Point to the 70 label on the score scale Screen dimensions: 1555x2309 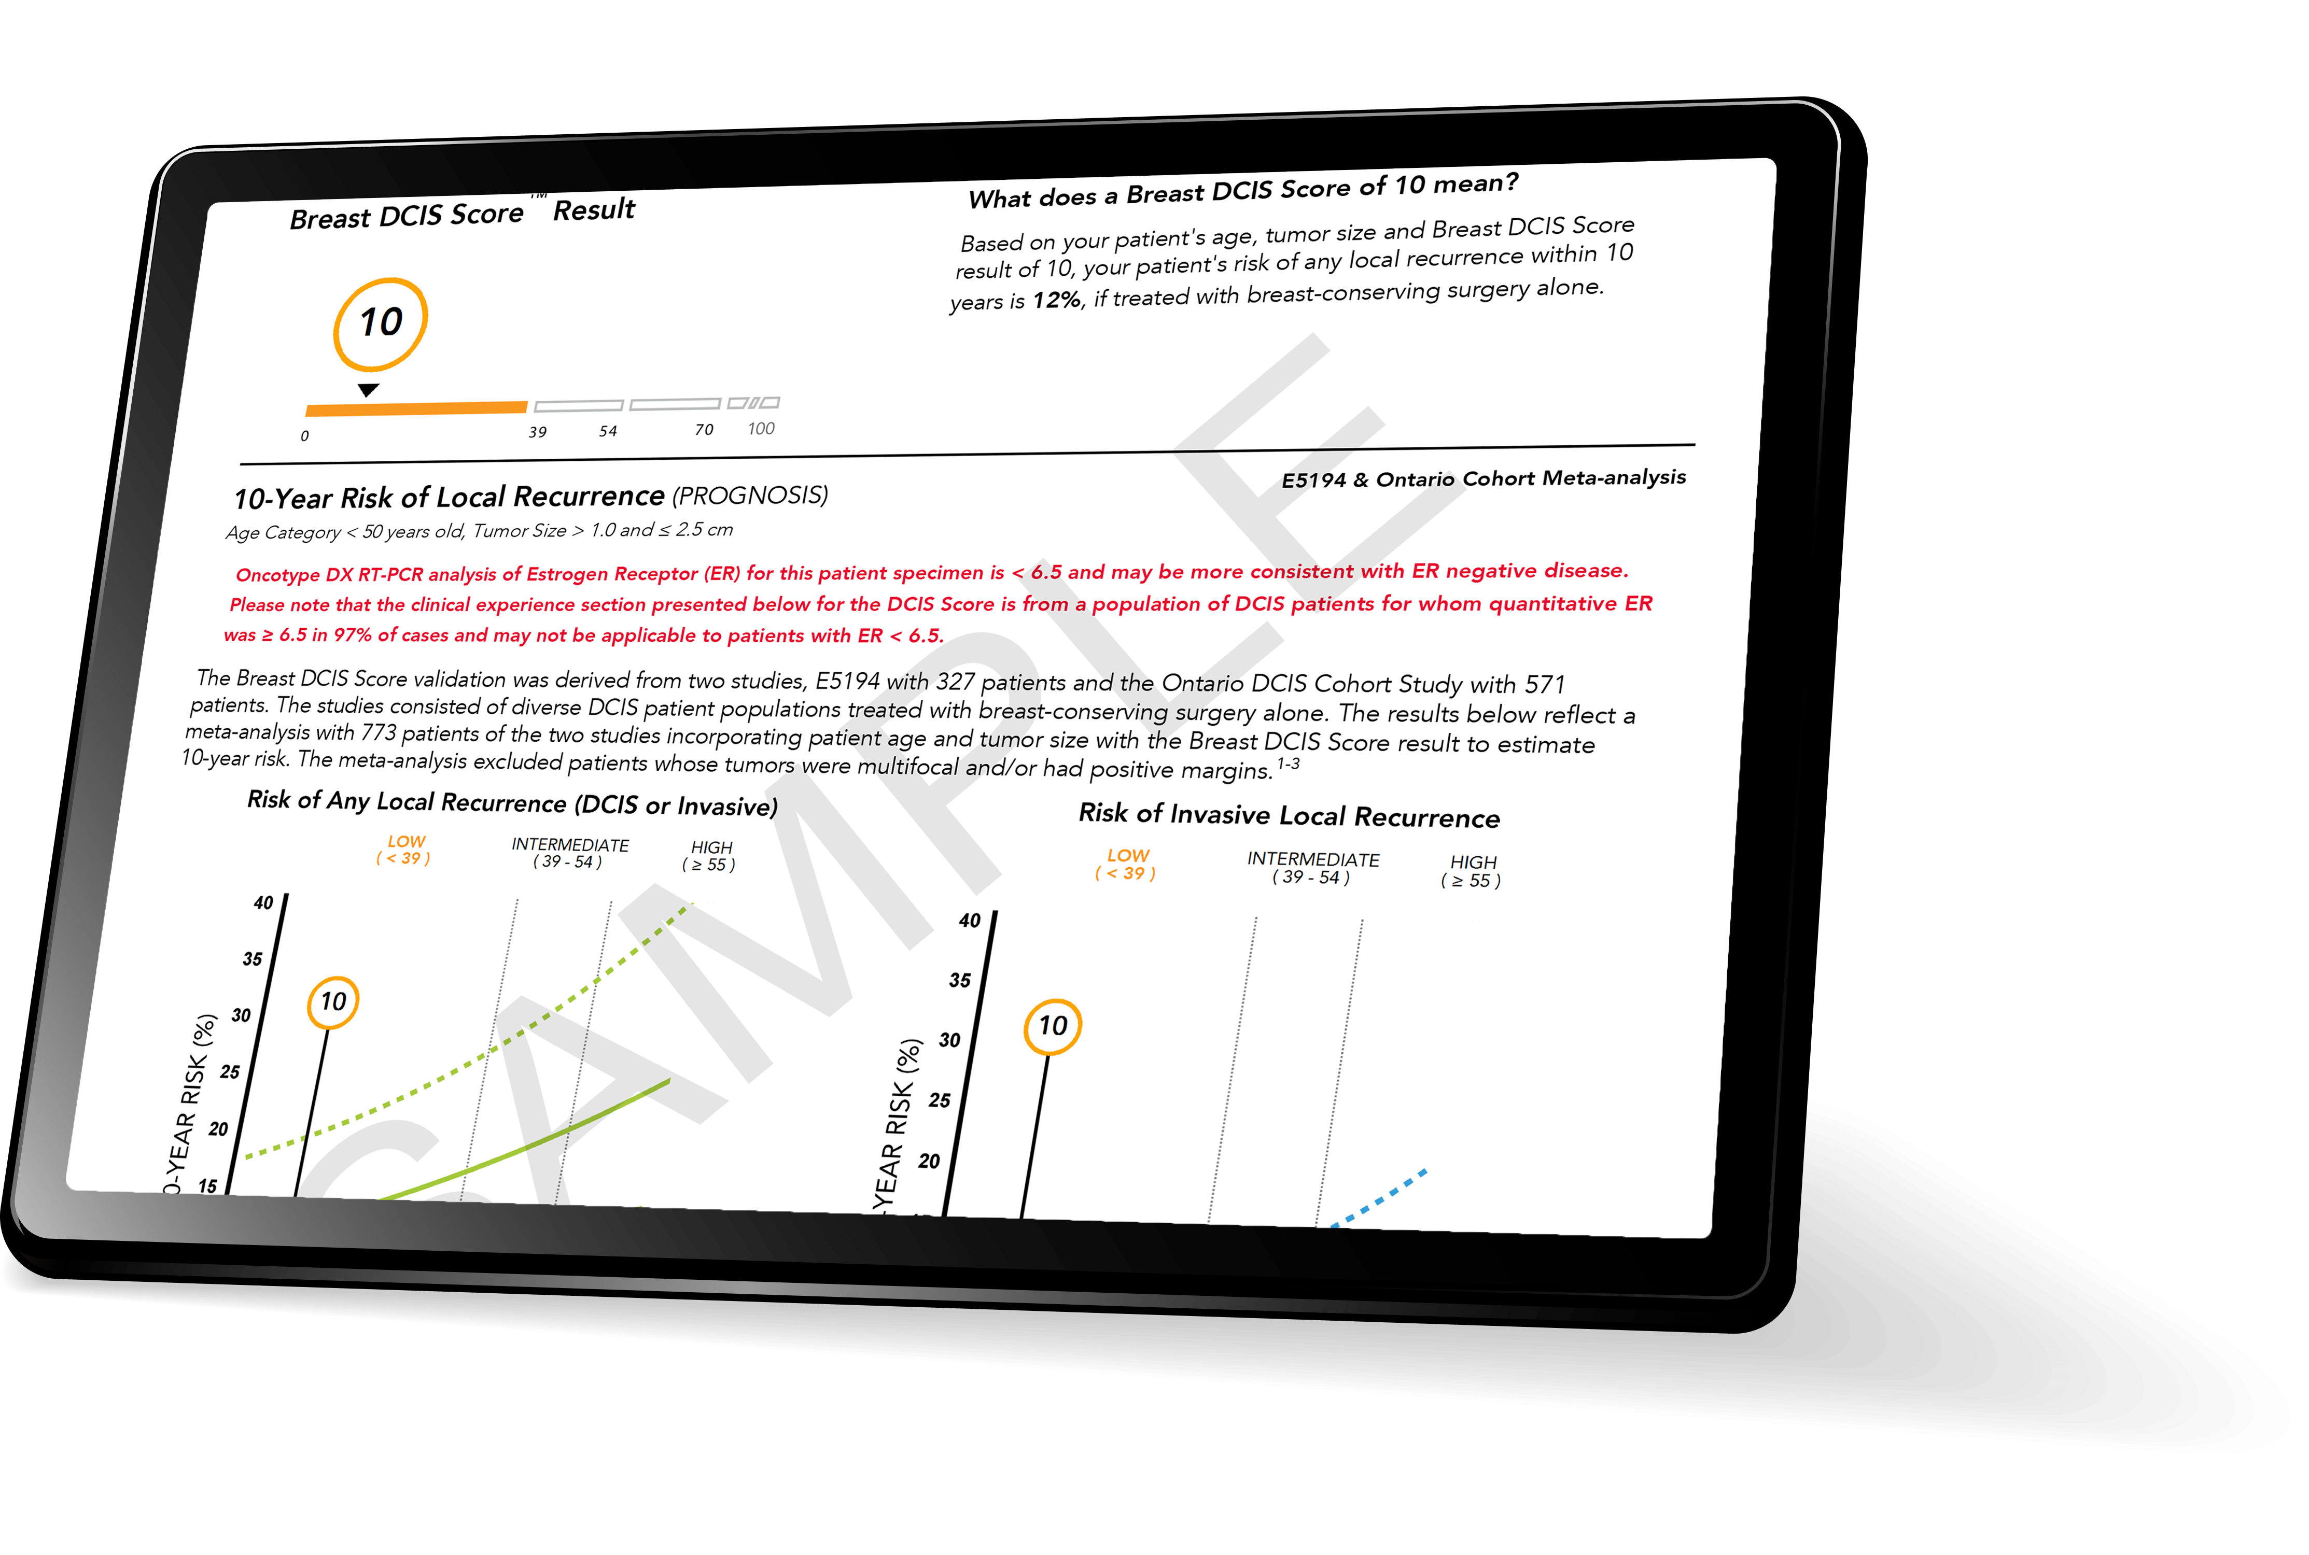pyautogui.click(x=703, y=429)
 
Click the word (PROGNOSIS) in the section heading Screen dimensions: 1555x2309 pyautogui.click(x=750, y=495)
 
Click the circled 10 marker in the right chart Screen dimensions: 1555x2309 pyautogui.click(x=1052, y=1026)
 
